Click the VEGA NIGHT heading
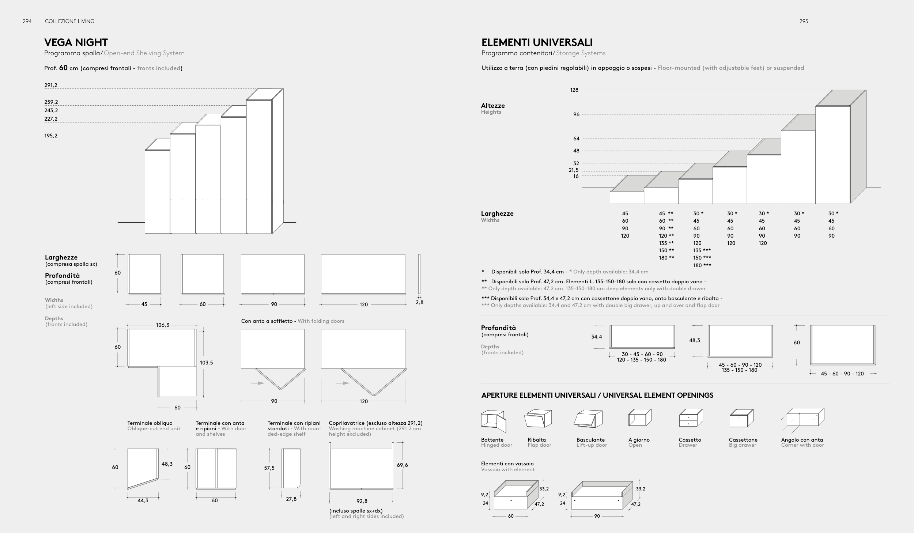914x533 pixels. (x=76, y=42)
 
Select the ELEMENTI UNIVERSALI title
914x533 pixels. (x=537, y=42)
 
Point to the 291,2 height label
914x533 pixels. (x=51, y=86)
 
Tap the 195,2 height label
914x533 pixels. (x=51, y=136)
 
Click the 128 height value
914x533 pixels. (x=574, y=90)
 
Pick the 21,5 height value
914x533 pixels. (x=574, y=170)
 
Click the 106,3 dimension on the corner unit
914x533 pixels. (x=162, y=325)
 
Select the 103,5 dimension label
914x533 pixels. (x=206, y=363)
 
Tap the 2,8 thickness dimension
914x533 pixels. (x=419, y=302)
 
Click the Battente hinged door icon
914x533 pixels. (x=493, y=421)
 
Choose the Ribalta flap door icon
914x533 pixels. (x=538, y=419)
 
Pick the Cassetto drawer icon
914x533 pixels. (x=691, y=418)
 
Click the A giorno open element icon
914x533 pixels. (x=640, y=418)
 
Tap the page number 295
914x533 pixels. (x=804, y=21)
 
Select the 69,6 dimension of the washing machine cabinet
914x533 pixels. (x=402, y=465)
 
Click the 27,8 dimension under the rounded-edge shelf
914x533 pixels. (x=291, y=499)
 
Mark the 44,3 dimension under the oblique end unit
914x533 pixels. (x=143, y=500)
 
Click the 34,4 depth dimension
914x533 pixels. (x=596, y=337)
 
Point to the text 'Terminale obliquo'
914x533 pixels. (x=150, y=423)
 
